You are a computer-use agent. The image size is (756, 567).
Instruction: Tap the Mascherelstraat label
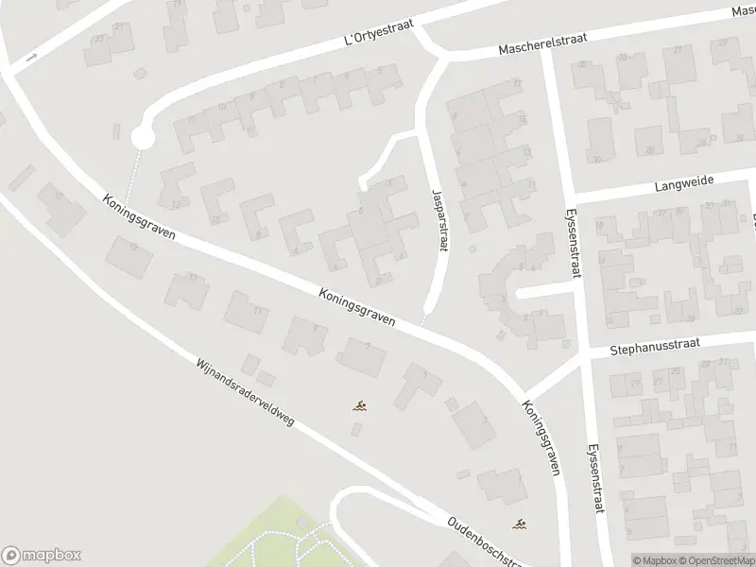[537, 43]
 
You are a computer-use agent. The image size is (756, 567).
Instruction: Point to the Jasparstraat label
[436, 216]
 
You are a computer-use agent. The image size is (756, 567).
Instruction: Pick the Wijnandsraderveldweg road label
[245, 392]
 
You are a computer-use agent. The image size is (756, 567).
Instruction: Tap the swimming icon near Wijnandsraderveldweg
[360, 408]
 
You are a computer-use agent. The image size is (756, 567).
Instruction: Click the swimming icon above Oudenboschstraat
[519, 524]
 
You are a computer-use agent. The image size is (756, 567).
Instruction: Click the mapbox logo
[42, 555]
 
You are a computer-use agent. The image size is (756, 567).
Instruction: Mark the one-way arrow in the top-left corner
[31, 59]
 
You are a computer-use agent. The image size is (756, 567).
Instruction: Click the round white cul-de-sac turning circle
[142, 139]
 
